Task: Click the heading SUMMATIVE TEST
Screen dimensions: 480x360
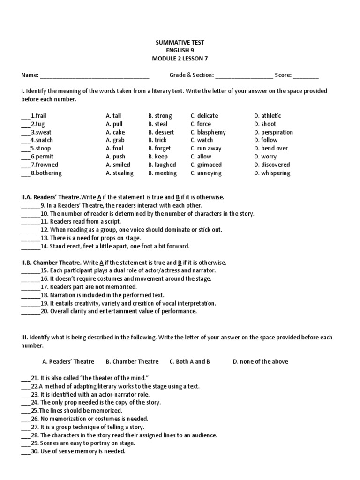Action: coord(180,43)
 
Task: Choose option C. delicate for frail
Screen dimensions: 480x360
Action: coord(204,116)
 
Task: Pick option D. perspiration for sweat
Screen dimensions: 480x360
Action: coord(273,132)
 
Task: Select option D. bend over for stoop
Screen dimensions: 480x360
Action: coord(271,148)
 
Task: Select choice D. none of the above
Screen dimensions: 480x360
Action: coord(260,361)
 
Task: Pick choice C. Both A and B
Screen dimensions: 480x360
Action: coord(190,361)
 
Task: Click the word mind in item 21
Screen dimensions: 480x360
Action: coord(141,378)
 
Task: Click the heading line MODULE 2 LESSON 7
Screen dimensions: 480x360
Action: coord(180,59)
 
